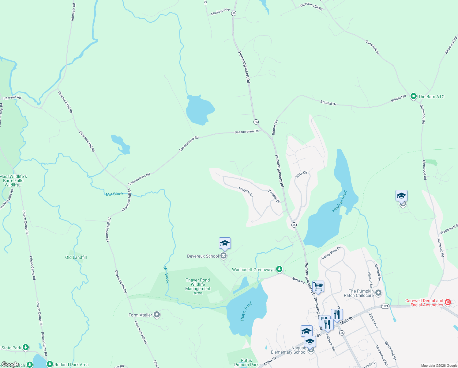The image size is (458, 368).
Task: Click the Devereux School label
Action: coord(203,256)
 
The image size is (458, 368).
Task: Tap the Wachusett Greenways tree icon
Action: coord(279,269)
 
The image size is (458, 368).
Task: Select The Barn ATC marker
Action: coord(413,97)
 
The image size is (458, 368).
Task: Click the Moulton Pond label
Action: coord(340,201)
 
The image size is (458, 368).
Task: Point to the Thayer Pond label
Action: coord(246,312)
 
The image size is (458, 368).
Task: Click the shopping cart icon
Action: coord(318,286)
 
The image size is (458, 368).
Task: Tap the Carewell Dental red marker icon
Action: coord(448,302)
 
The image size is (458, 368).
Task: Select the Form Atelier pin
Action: coord(157,315)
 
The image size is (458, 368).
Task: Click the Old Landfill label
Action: coord(76,257)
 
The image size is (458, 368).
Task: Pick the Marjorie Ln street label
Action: coord(246,192)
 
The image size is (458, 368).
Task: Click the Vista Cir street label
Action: coord(301,174)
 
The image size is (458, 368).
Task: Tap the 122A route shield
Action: coord(385,306)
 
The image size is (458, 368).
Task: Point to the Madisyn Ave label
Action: coord(220,12)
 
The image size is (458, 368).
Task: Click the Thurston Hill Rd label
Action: coord(311,6)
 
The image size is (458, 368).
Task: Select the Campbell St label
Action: coord(372,47)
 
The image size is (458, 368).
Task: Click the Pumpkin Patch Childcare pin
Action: coord(379,293)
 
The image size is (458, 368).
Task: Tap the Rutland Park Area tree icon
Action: coord(50,364)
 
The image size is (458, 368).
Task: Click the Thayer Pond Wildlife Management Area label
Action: coord(198,286)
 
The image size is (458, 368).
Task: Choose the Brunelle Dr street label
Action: coord(274,196)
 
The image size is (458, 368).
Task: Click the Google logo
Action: coord(10,364)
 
